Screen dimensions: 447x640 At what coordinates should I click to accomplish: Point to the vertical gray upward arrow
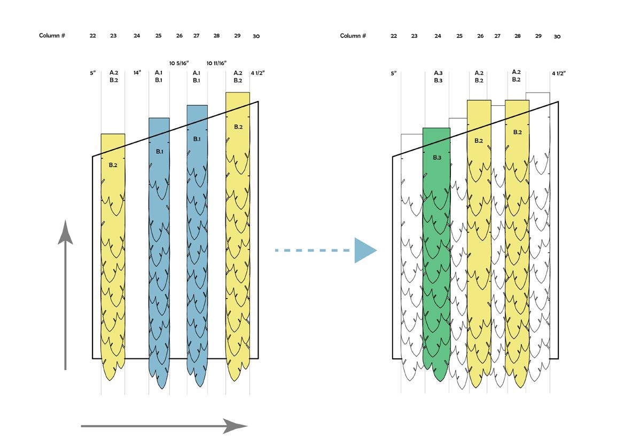65,294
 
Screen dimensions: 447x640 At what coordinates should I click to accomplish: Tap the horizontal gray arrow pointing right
164,426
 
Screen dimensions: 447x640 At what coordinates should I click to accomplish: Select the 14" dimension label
137,73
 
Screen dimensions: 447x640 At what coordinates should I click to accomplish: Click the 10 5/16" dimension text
179,63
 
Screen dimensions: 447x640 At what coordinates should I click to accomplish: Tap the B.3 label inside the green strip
436,158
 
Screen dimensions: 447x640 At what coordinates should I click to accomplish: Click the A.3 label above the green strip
438,73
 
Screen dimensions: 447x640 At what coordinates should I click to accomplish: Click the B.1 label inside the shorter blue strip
159,152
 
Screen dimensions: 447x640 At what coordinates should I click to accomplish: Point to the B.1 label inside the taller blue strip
197,139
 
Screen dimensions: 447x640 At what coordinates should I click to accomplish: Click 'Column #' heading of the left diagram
52,36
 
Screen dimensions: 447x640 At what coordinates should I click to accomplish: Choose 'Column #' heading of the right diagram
353,36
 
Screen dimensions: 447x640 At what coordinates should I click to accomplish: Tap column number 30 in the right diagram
557,36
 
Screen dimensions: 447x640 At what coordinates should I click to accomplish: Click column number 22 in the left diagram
93,36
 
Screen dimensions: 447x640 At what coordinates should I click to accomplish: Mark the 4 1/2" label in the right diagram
558,73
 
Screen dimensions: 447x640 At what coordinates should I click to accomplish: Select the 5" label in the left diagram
93,73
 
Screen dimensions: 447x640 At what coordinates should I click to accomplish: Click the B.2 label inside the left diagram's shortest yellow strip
113,165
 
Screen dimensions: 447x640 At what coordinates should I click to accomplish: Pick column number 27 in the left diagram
196,36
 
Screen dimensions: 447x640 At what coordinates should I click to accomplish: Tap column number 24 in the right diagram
438,36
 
